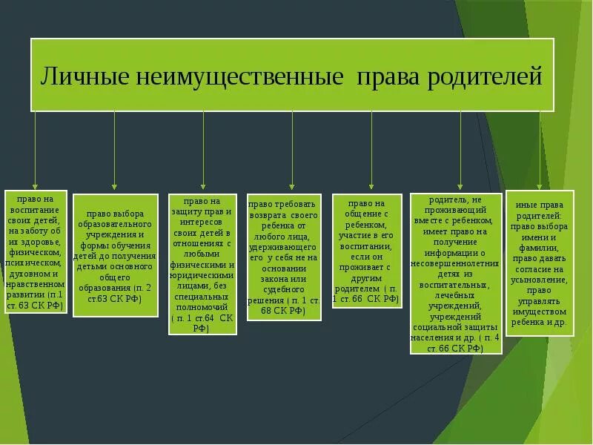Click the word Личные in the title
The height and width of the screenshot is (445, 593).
(85, 76)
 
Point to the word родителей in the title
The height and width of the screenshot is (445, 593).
(485, 76)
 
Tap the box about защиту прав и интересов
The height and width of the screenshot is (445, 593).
(202, 264)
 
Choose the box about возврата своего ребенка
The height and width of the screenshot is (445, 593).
(283, 257)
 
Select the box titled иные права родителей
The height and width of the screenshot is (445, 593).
(540, 263)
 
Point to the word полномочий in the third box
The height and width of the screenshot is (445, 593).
(202, 306)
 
